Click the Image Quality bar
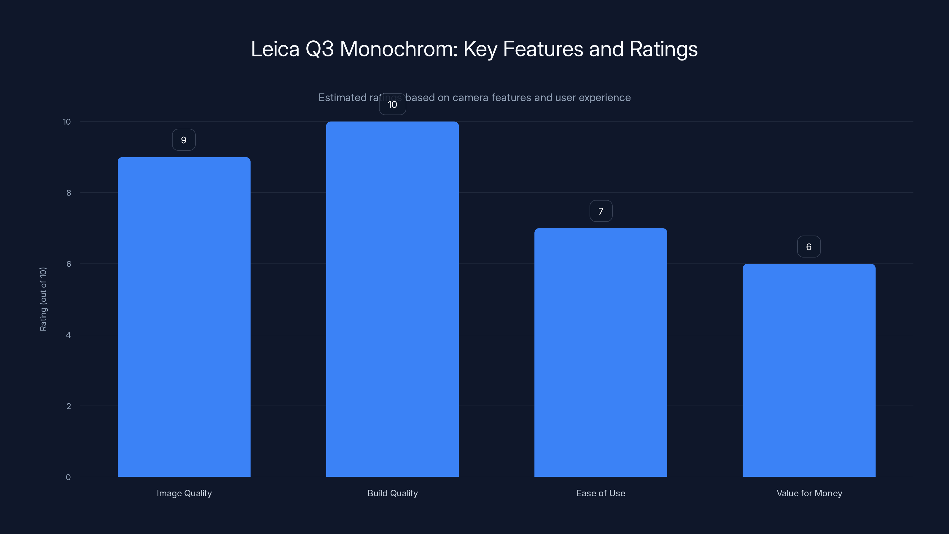coord(184,317)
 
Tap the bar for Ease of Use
coord(601,352)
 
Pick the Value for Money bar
coord(809,370)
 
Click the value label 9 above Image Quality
coord(184,140)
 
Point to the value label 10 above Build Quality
coord(392,105)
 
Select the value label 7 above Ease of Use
coord(601,211)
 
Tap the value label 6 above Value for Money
coord(809,247)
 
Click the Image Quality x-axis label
coord(184,493)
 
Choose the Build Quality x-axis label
coord(392,493)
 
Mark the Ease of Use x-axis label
coord(601,493)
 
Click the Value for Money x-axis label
coord(809,493)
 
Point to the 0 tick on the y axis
coord(68,477)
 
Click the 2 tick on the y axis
coord(69,406)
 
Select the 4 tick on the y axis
coord(68,335)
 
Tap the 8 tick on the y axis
coord(69,193)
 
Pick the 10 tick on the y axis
coord(67,122)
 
